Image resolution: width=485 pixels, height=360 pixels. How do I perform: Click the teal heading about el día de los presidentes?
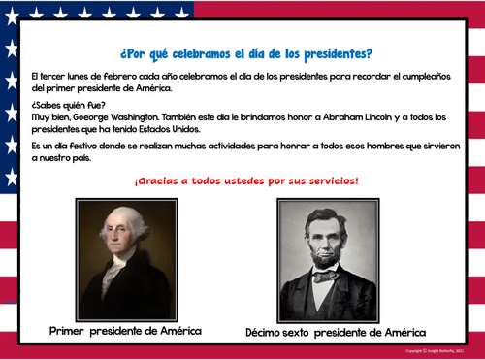(245, 53)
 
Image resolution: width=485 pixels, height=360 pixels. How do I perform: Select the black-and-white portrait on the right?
(328, 260)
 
